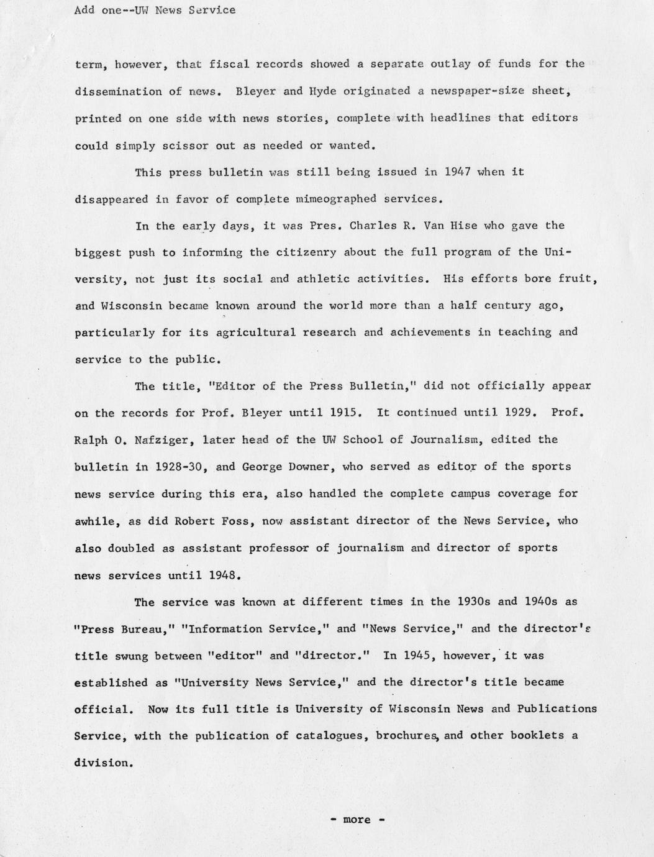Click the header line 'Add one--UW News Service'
[x=155, y=10]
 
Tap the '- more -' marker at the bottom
[x=357, y=820]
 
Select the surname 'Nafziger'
[x=139, y=440]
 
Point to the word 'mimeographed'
[x=336, y=199]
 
